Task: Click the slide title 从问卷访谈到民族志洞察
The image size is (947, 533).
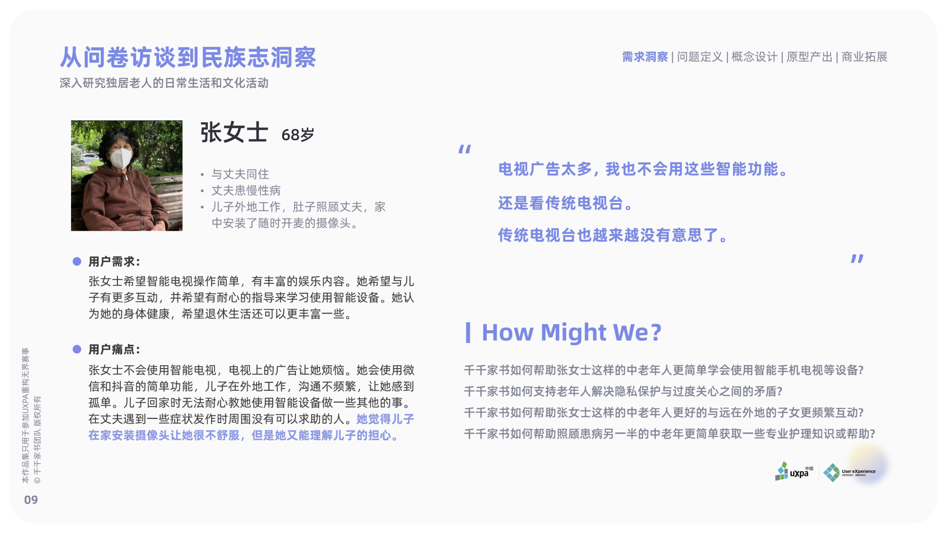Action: point(188,57)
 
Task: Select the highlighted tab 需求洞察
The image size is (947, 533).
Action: point(645,57)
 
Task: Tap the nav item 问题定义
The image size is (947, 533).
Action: point(699,57)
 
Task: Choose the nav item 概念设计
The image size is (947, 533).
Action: point(754,57)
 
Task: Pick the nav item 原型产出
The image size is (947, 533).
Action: point(809,57)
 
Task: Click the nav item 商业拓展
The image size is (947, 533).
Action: point(864,57)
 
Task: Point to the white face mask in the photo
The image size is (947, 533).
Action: point(120,158)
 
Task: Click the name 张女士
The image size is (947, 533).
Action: point(234,133)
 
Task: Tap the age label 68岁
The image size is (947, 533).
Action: point(297,135)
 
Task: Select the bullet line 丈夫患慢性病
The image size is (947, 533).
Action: point(246,190)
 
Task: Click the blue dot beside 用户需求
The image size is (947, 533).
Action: point(77,262)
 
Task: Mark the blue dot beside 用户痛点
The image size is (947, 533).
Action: point(77,349)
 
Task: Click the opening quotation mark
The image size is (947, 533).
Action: point(465,149)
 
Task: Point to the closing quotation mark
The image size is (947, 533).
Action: point(857,259)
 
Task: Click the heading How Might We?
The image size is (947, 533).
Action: point(571,332)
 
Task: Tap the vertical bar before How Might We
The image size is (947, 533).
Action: point(468,332)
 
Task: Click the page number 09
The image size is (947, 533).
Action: point(31,500)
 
